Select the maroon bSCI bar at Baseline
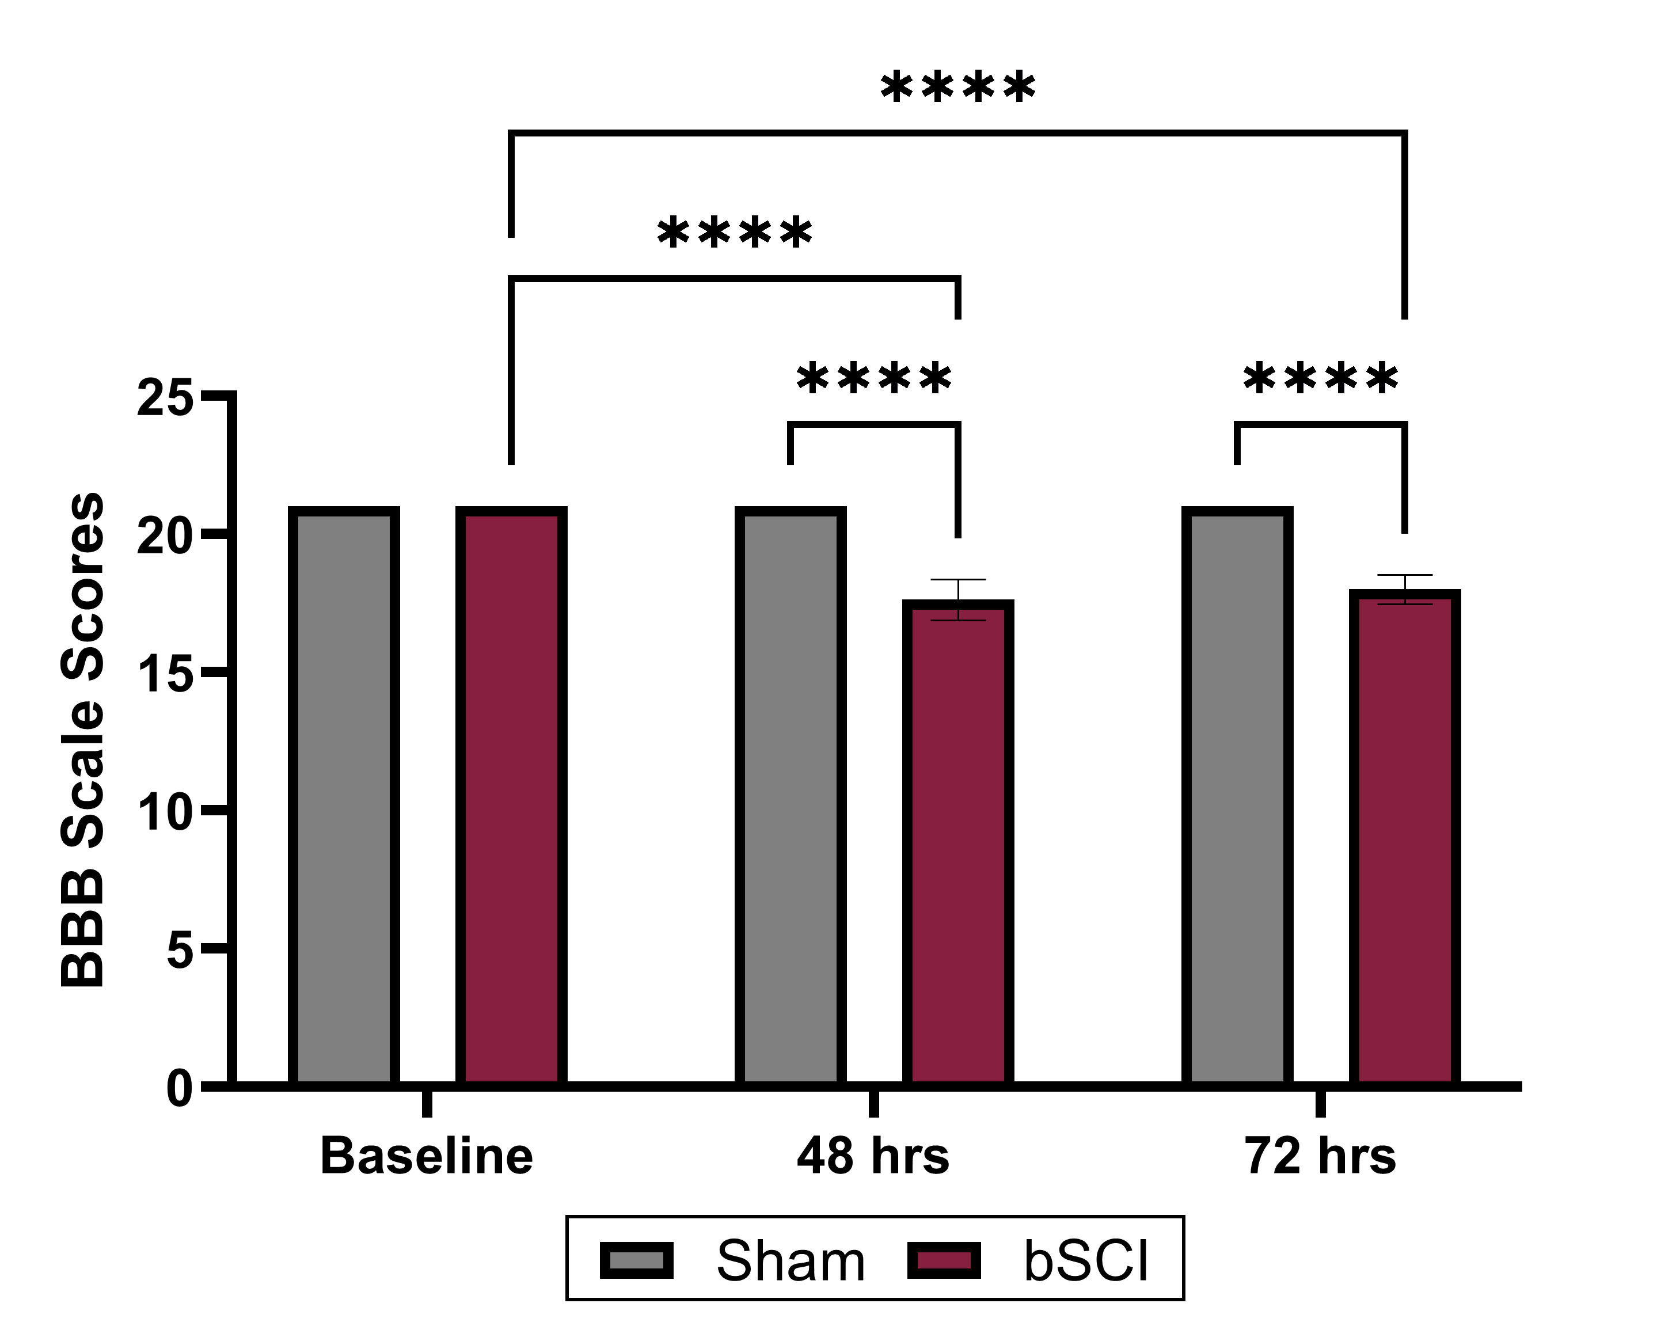click(x=511, y=797)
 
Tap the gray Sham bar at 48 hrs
click(x=790, y=797)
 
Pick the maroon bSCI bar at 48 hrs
click(x=957, y=844)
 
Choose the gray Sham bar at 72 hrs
click(x=1237, y=797)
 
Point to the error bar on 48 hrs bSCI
click(x=957, y=599)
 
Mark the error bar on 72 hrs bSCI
click(x=1405, y=589)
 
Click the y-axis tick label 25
click(x=164, y=399)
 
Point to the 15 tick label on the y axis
click(x=164, y=675)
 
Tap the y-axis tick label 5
click(x=179, y=951)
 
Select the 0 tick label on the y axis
click(x=179, y=1088)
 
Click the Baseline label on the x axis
click(x=426, y=1156)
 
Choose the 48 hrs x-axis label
click(x=873, y=1156)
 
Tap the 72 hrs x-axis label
click(x=1320, y=1156)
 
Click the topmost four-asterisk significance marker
click(x=957, y=87)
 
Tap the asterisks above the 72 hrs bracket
click(x=1320, y=379)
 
